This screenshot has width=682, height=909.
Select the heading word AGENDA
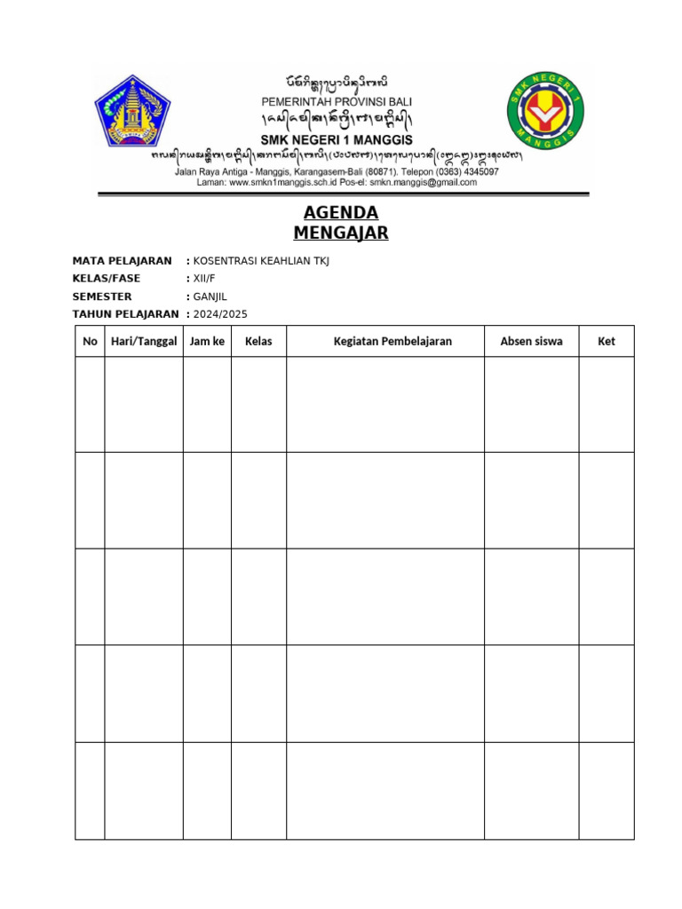pyautogui.click(x=341, y=213)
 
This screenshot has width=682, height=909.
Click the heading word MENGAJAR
pyautogui.click(x=341, y=233)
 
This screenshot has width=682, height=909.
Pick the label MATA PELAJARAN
pyautogui.click(x=122, y=261)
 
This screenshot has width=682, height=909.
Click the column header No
pyautogui.click(x=90, y=341)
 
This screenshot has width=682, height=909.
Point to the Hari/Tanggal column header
pyautogui.click(x=144, y=341)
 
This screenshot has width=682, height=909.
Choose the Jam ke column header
pyautogui.click(x=207, y=341)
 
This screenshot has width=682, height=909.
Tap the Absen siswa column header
pyautogui.click(x=531, y=341)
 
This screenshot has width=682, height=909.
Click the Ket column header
pyautogui.click(x=607, y=341)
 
